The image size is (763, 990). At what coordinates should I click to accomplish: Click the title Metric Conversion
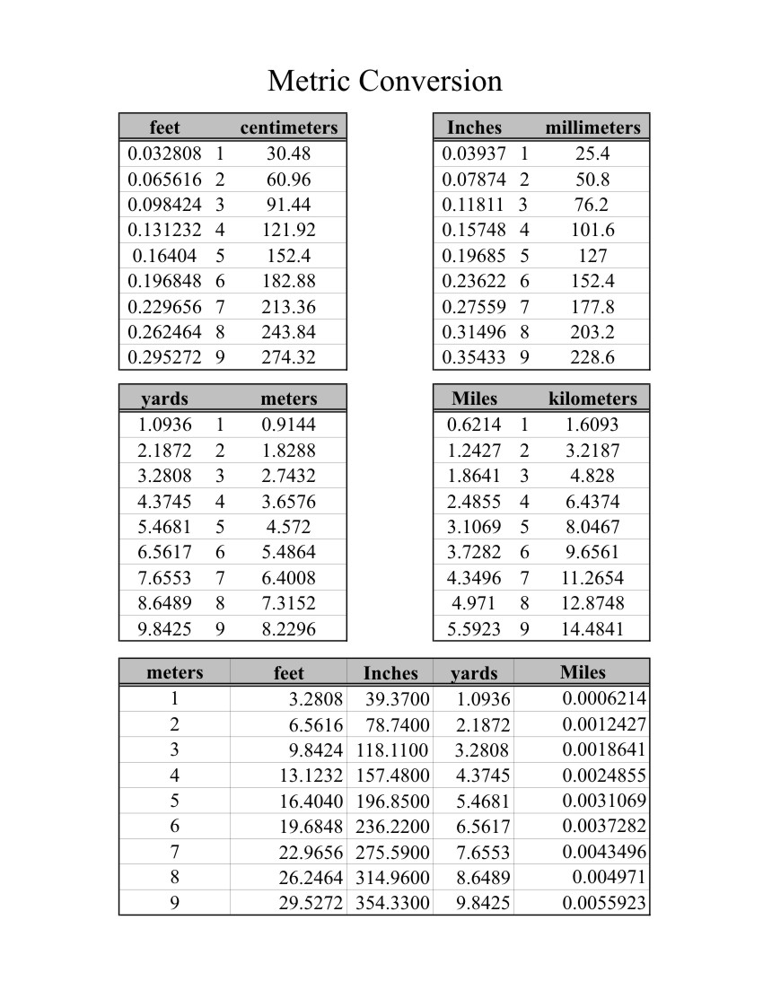384,82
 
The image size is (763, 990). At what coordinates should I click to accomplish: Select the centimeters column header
288,127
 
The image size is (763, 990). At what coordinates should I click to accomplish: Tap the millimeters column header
592,127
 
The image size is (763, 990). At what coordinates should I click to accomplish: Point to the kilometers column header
592,398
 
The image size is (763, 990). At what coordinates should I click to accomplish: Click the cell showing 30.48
288,153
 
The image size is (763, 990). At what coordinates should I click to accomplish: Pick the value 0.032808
165,153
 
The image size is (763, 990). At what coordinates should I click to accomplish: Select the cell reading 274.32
288,357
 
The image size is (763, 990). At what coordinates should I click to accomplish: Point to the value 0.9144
288,425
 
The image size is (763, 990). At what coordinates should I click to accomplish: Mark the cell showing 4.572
288,527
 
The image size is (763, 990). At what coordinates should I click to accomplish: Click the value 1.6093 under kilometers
592,425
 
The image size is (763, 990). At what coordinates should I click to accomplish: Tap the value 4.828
592,476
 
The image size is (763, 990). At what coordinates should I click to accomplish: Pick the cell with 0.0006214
604,698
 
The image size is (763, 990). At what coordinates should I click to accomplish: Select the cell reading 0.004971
609,877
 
